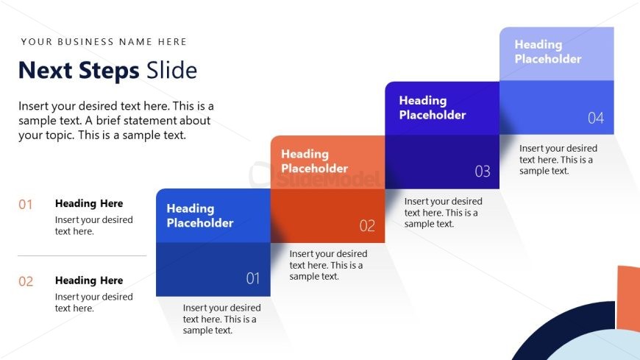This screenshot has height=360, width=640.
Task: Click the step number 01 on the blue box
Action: coord(252,278)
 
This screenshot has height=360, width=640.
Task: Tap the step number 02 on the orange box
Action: coord(367,225)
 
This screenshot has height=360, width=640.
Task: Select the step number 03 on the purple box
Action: coord(483,172)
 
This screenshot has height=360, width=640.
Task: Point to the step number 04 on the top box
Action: coord(596,118)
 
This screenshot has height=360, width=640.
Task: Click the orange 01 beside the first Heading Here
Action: coord(25,205)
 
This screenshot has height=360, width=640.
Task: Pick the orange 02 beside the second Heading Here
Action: coord(26,281)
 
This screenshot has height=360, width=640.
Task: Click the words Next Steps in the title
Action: coord(79,70)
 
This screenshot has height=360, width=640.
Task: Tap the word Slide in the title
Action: coord(172,70)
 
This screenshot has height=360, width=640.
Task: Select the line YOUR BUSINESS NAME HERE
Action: coord(104,42)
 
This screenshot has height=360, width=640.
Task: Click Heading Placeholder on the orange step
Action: coord(314,161)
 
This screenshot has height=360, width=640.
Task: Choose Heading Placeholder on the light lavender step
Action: coord(548,52)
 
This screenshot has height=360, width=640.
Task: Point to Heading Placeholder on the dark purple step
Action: coord(433,107)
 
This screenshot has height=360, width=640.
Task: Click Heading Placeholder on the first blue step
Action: coord(199,216)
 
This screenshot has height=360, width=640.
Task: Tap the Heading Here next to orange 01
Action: coord(89,203)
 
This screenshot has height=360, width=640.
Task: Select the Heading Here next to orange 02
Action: coord(89,280)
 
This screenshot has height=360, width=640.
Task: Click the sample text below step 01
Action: coord(221,319)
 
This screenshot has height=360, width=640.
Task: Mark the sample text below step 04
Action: coord(558,159)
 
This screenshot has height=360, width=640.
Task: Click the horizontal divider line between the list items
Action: coord(82,255)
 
